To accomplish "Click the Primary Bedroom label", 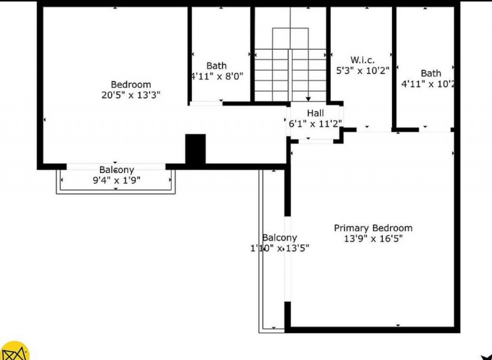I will [373, 228].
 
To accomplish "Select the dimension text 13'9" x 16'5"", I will [373, 239].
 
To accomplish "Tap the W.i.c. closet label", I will [362, 60].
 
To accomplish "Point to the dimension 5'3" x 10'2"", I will [362, 71].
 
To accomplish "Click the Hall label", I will [315, 113].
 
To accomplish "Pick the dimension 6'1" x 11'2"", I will [315, 124].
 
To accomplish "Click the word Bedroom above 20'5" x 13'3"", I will [131, 85].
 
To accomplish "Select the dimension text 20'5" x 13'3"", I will [131, 95].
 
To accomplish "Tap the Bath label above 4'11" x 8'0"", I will [216, 66].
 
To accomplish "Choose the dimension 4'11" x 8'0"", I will [217, 76].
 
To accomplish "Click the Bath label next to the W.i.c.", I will [431, 73].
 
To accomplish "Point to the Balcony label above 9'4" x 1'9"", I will [116, 170].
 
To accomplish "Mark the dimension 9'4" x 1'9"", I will [116, 180].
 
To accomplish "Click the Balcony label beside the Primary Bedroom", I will [279, 238].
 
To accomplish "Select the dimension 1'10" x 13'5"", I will [279, 248].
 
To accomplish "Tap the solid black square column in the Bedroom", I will [196, 149].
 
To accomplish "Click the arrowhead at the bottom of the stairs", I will [308, 99].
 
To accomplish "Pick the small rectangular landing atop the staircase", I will [290, 38].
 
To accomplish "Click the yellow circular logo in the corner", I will [14, 351].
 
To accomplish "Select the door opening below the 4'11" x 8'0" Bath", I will [206, 103].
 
